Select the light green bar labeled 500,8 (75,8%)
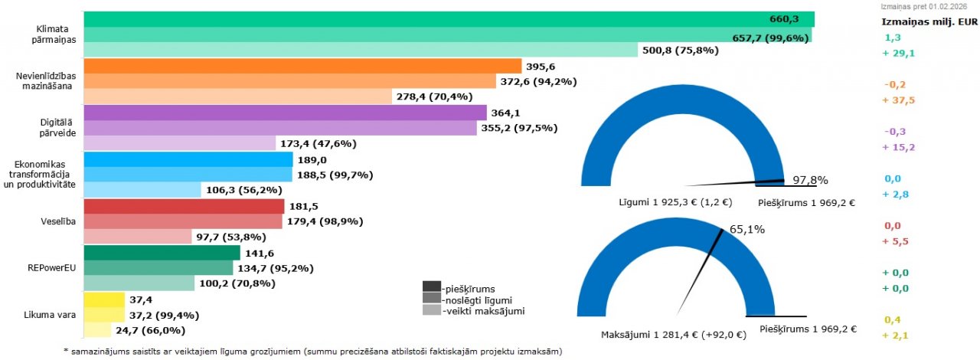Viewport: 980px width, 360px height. point(360,51)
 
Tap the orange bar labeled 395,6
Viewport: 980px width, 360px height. point(302,66)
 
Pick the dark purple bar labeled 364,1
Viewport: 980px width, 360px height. point(284,113)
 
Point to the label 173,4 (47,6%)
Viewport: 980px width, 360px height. point(318,143)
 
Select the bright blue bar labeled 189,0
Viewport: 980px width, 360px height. point(188,159)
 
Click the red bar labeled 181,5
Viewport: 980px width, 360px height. point(183,206)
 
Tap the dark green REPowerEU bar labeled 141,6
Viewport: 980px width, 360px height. point(162,253)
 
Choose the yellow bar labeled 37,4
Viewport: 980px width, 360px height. point(103,299)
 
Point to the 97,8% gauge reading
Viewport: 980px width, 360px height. point(809,180)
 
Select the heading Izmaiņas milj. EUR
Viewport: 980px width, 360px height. point(930,21)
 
